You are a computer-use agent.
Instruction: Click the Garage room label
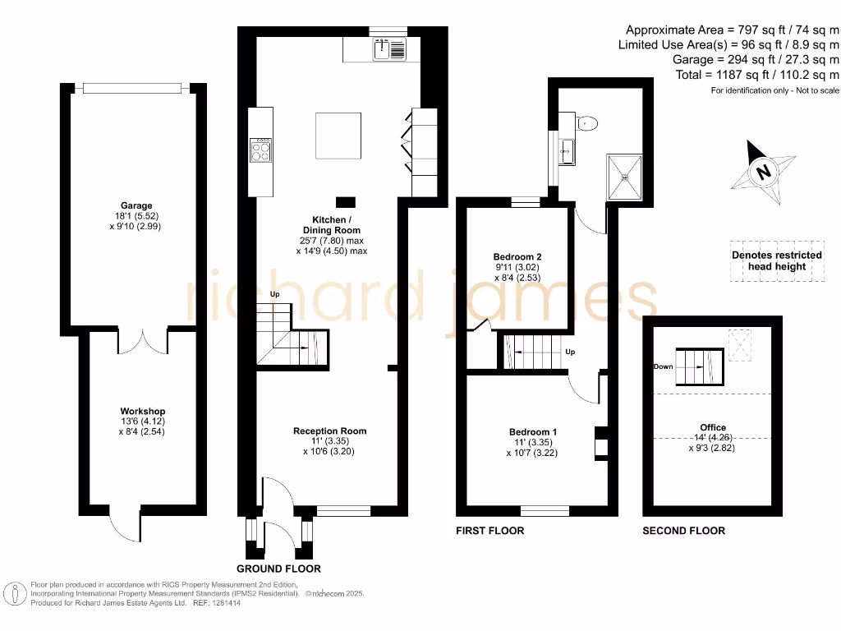136,205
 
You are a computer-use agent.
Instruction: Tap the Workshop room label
142,411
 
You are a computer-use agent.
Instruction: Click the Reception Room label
330,431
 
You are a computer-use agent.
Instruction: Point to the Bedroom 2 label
517,257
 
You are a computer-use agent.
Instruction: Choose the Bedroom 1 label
533,432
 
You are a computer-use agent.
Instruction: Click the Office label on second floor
713,427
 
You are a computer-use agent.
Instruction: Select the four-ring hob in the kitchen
261,150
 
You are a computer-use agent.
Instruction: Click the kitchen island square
338,136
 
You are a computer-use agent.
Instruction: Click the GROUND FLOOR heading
278,569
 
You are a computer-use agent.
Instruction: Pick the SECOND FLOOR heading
683,531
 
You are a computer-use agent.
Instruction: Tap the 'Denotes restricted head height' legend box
776,261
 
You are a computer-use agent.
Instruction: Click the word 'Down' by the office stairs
664,367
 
